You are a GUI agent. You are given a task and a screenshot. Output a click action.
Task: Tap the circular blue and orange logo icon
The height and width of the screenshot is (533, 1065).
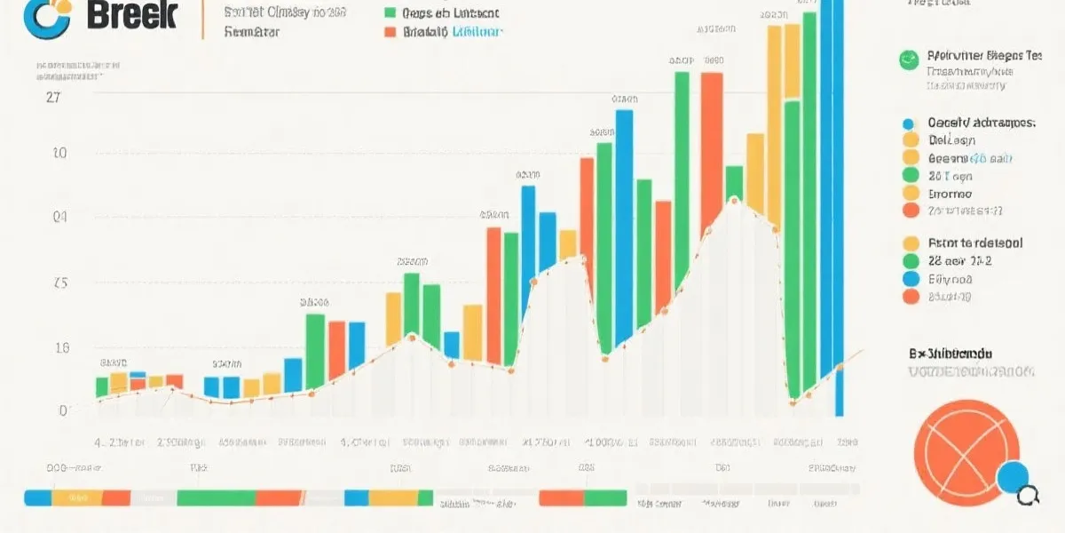tap(46, 18)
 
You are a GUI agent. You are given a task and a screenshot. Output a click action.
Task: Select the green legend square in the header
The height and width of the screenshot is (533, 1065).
tap(389, 12)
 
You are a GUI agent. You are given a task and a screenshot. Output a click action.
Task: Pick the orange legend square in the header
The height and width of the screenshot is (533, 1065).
tap(389, 32)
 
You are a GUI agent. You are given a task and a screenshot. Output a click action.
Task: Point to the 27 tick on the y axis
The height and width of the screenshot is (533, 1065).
tap(52, 99)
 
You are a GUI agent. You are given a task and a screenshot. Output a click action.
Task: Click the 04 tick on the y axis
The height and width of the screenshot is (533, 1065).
tap(59, 216)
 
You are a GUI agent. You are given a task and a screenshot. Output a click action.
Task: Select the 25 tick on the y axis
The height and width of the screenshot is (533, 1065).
tap(59, 284)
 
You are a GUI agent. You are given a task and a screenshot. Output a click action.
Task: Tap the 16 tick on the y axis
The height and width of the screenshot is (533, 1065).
tap(60, 348)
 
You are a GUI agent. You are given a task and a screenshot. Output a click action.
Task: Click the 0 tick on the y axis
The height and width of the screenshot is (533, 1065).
tap(63, 410)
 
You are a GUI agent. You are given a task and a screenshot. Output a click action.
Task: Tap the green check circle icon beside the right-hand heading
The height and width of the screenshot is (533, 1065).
tap(908, 60)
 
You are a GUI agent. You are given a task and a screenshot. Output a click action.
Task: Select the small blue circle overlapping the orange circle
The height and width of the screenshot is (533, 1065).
tap(1013, 477)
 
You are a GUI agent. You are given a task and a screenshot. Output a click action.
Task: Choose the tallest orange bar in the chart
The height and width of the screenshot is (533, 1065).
tap(712, 151)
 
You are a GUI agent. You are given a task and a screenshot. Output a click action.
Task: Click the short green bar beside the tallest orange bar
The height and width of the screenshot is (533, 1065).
tap(734, 182)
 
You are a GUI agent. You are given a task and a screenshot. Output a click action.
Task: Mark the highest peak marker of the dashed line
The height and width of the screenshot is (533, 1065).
tap(734, 199)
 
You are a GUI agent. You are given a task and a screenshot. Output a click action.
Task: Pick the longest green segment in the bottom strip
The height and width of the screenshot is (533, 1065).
tap(229, 498)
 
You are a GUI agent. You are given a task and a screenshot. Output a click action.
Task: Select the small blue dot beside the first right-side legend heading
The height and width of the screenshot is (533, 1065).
tap(908, 123)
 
